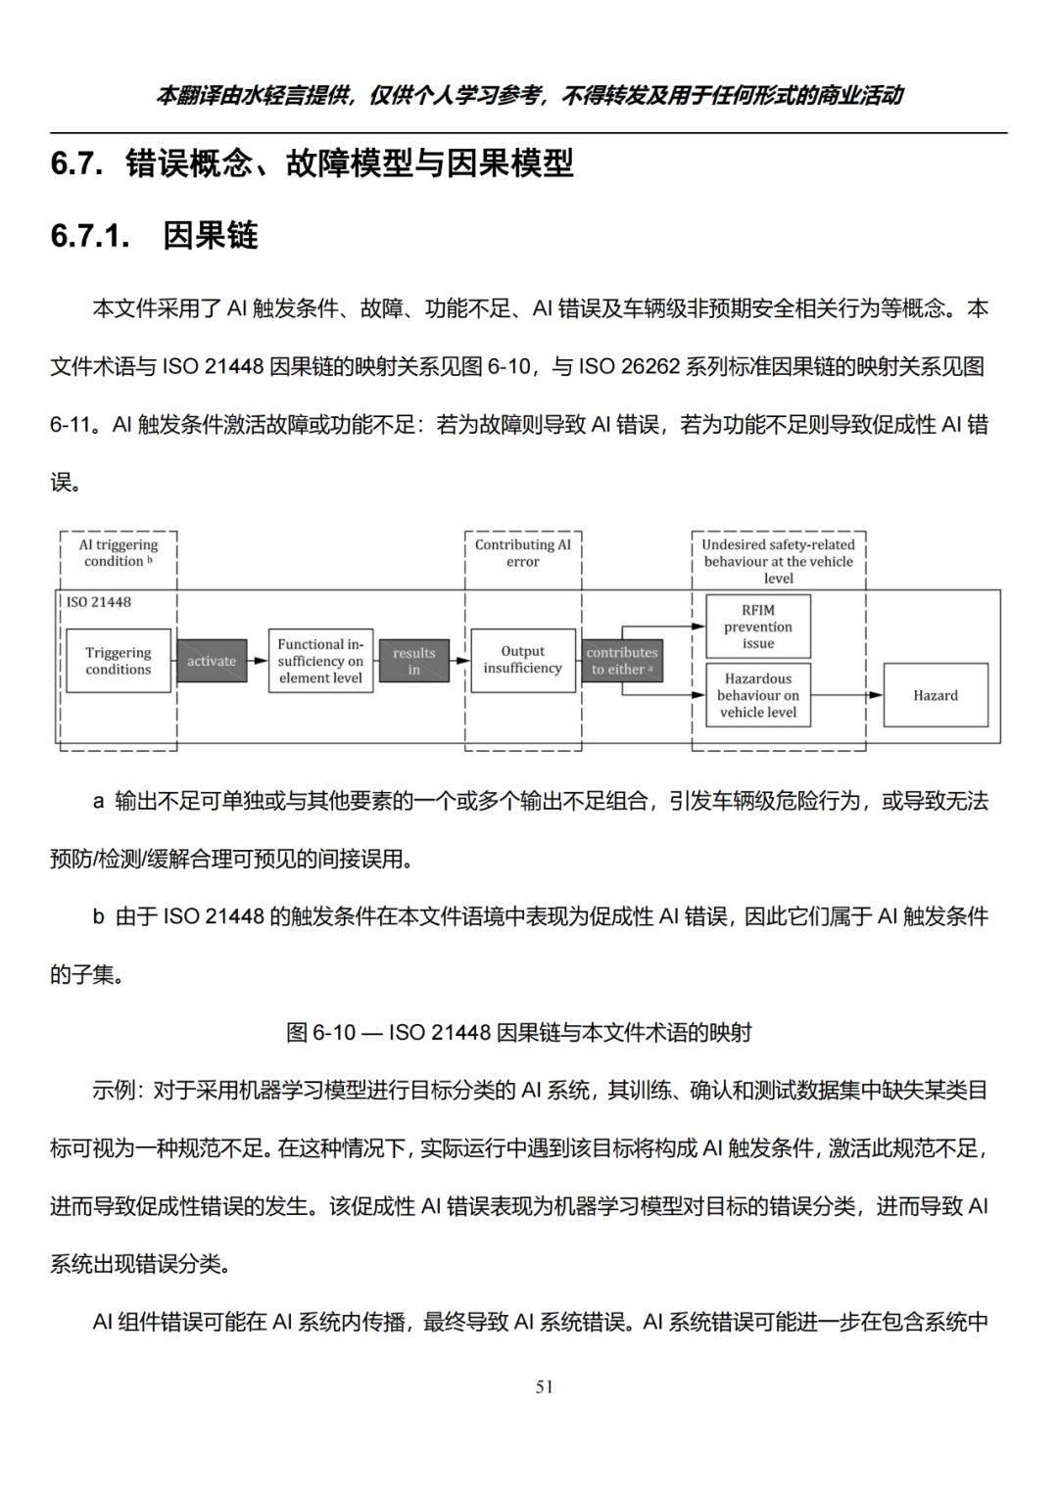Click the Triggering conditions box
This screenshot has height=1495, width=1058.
click(x=118, y=661)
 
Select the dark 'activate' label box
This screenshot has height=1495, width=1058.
click(x=212, y=661)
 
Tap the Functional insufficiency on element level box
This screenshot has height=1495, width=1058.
click(x=320, y=661)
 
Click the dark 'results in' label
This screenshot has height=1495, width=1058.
click(x=414, y=661)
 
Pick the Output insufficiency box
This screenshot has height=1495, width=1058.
click(x=523, y=660)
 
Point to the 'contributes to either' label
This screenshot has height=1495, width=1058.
click(x=622, y=661)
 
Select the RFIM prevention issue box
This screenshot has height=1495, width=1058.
click(x=758, y=627)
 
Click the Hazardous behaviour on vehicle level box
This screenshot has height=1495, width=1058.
click(x=758, y=695)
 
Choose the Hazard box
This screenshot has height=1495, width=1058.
click(x=936, y=695)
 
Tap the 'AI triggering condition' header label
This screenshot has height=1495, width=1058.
click(x=119, y=553)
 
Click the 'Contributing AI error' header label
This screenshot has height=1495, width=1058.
click(x=523, y=553)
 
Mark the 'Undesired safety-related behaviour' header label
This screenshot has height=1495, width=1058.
click(x=778, y=561)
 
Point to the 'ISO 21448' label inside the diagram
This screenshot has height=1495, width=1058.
click(x=99, y=602)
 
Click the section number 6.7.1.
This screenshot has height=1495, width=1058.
click(x=90, y=236)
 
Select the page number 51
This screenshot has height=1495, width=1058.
click(x=545, y=1386)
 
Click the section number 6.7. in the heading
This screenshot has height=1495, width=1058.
click(x=76, y=164)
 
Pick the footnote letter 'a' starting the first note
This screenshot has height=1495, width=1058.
click(x=98, y=802)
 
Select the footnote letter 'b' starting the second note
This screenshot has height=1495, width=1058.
click(x=98, y=917)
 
